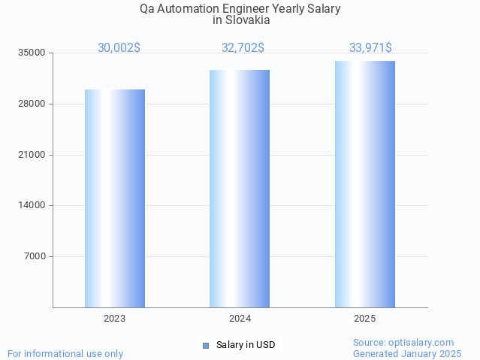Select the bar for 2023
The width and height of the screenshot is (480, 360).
(115, 198)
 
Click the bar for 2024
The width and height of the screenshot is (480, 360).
(240, 189)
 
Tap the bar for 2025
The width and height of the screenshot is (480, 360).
(365, 184)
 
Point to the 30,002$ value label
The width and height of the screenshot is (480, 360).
(119, 47)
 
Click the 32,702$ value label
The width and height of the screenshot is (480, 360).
(243, 47)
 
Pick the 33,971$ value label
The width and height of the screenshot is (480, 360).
(370, 47)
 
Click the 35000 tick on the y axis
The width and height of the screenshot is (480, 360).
(32, 53)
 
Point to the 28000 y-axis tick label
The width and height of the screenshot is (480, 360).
(32, 104)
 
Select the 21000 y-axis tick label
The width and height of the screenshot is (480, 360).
(32, 155)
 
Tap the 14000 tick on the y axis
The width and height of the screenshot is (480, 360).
(32, 205)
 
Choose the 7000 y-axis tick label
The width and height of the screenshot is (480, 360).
(35, 256)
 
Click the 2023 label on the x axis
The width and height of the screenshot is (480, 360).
(115, 319)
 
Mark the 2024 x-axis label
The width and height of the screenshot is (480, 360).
(240, 319)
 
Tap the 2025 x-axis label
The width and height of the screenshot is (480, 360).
(365, 319)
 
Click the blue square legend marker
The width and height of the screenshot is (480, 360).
(205, 345)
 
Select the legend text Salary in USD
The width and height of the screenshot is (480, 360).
(246, 345)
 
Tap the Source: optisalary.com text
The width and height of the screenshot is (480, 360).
(403, 342)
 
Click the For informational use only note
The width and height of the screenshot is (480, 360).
(65, 353)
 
